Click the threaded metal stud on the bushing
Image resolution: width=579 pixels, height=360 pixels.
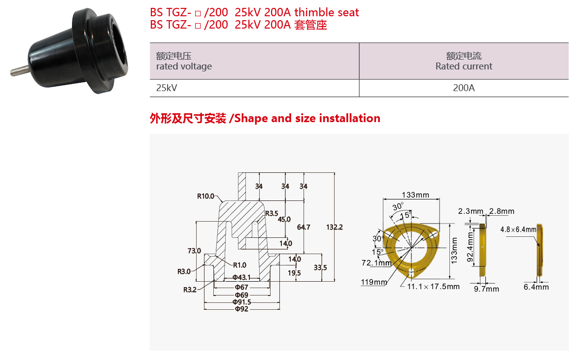click(x=20, y=70)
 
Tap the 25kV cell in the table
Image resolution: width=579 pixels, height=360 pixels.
click(x=167, y=88)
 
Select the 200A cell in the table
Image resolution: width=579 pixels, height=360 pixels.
click(x=464, y=88)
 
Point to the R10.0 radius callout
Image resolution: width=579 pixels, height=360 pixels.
click(x=205, y=196)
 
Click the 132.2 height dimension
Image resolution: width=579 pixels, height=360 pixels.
click(x=335, y=227)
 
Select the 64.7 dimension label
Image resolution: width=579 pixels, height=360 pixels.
click(x=304, y=227)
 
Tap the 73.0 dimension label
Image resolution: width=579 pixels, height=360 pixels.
click(x=194, y=251)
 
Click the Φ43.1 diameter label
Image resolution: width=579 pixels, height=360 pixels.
click(x=241, y=277)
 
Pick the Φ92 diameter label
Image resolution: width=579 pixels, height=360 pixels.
click(x=241, y=309)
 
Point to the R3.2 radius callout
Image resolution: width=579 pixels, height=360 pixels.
click(x=190, y=290)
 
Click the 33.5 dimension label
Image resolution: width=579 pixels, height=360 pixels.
click(x=320, y=267)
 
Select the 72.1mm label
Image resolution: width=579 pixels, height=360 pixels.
click(x=376, y=263)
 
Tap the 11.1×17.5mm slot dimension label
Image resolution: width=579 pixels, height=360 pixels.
click(x=434, y=287)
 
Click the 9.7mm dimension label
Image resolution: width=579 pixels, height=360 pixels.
click(x=487, y=289)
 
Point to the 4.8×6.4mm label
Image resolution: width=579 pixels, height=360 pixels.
click(x=518, y=229)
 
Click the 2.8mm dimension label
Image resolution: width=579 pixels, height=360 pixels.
click(x=502, y=211)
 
